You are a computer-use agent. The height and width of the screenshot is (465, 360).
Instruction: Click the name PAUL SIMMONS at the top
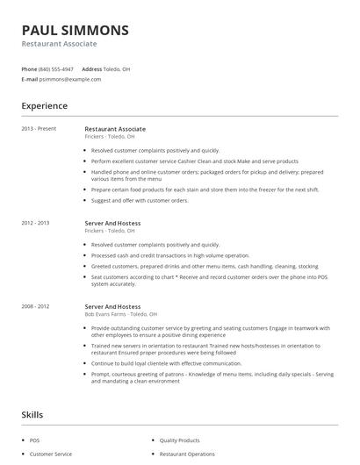(x=76, y=30)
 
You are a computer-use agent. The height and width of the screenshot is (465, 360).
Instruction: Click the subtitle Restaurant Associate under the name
(x=60, y=44)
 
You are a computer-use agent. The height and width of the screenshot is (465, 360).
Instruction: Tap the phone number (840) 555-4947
(x=56, y=68)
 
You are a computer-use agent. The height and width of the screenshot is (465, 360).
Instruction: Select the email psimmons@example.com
(x=70, y=79)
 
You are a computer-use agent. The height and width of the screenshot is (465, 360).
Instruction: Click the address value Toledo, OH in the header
(x=118, y=68)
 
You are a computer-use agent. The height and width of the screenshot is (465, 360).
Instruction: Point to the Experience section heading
(x=45, y=106)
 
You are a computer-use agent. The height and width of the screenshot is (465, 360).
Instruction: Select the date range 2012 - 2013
(x=36, y=223)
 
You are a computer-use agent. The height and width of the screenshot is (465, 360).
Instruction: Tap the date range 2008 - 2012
(x=36, y=306)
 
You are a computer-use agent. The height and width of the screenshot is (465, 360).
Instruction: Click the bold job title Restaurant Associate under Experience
(x=115, y=129)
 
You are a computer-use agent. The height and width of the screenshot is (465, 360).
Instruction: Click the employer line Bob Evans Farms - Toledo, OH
(x=121, y=313)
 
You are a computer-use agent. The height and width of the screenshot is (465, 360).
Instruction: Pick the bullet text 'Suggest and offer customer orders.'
(x=140, y=200)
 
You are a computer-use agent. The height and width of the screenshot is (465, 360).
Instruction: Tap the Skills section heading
(x=33, y=414)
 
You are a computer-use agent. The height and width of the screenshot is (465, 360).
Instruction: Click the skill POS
(x=35, y=440)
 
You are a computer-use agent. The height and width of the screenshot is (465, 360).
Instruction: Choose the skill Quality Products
(x=179, y=440)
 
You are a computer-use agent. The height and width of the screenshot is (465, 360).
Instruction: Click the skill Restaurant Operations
(x=187, y=454)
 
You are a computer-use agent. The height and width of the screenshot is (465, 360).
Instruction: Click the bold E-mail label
(x=30, y=79)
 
